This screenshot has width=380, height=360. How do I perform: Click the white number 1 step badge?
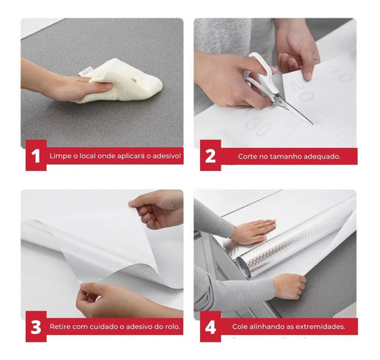(x=36, y=156)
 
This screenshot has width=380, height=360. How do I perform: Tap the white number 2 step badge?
(x=211, y=156)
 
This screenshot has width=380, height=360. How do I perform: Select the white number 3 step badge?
(x=36, y=327)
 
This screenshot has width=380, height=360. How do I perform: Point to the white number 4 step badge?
(x=211, y=327)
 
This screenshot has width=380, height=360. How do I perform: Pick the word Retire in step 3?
(x=58, y=327)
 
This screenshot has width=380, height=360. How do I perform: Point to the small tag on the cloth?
(x=85, y=71)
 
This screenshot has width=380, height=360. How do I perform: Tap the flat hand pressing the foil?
(x=253, y=232)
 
